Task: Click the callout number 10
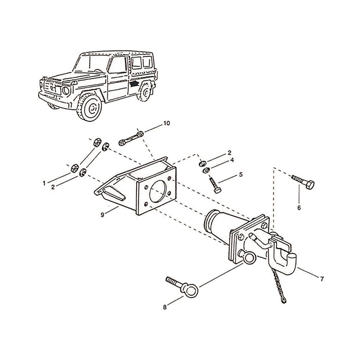166,123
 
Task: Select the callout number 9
103,215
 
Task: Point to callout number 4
232,160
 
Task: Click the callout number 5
241,175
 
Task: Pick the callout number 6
299,208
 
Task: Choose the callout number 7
321,278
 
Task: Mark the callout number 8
165,307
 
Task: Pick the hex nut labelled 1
75,168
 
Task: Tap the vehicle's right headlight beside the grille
66,91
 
